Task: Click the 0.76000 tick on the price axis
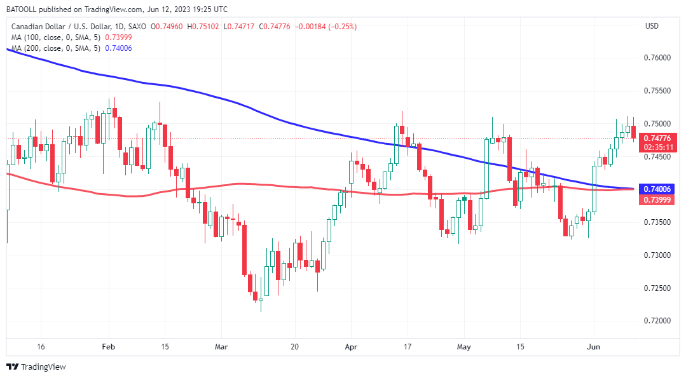pos(657,58)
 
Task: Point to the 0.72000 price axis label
pos(657,321)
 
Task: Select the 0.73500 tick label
pos(657,222)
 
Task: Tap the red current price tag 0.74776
pos(657,138)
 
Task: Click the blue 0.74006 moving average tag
pos(657,189)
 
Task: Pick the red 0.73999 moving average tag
pos(657,200)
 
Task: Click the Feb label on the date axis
pos(108,347)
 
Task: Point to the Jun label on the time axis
pos(594,347)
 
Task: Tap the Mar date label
pos(221,347)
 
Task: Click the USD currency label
pos(652,26)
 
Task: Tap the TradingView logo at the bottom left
pos(36,367)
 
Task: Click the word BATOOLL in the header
pos(24,9)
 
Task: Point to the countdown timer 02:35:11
pos(657,147)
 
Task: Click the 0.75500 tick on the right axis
pos(657,91)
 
